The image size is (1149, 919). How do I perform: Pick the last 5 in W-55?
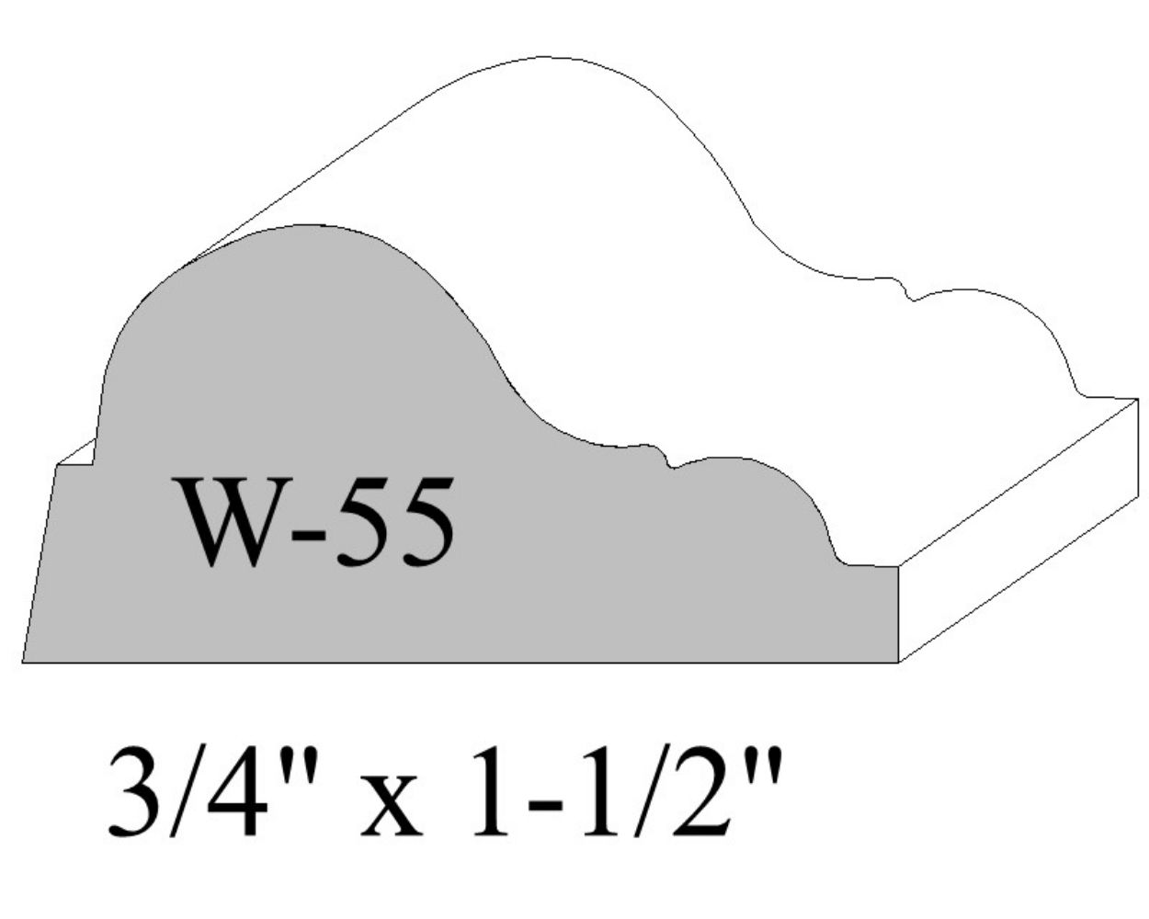(x=424, y=521)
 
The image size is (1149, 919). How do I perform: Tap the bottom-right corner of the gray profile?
(x=896, y=661)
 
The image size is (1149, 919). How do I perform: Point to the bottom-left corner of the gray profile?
(x=24, y=661)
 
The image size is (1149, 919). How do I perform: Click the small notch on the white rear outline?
(x=908, y=293)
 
